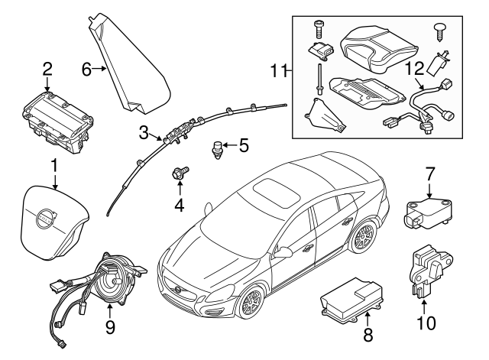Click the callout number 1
pyautogui.click(x=53, y=164)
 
